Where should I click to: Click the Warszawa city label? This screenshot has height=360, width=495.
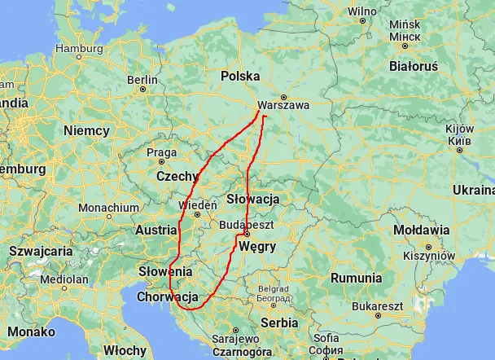(x=283, y=105)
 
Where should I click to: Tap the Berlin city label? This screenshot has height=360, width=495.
(x=142, y=80)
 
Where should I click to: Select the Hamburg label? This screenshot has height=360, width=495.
(x=79, y=48)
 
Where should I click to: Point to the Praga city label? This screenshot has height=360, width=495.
(x=161, y=151)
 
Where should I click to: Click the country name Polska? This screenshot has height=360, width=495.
(x=240, y=76)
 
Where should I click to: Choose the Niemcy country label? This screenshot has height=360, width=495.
(x=86, y=130)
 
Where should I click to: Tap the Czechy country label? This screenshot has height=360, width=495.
(x=177, y=176)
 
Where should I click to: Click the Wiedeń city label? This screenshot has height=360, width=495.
(x=198, y=205)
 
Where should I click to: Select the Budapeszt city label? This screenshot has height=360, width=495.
(x=245, y=224)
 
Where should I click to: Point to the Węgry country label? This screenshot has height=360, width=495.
(x=258, y=247)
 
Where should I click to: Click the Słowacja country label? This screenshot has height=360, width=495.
(x=253, y=199)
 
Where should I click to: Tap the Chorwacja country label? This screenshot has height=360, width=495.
(x=168, y=297)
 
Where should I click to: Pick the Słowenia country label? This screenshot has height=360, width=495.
(x=164, y=271)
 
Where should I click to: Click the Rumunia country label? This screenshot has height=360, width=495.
(x=356, y=278)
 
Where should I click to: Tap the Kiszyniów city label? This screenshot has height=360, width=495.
(x=428, y=255)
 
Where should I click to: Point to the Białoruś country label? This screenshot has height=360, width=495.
(x=414, y=66)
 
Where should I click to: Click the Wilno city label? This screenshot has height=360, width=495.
(x=362, y=11)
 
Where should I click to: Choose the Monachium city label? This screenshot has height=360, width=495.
(x=109, y=208)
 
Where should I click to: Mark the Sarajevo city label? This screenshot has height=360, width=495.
(x=234, y=337)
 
